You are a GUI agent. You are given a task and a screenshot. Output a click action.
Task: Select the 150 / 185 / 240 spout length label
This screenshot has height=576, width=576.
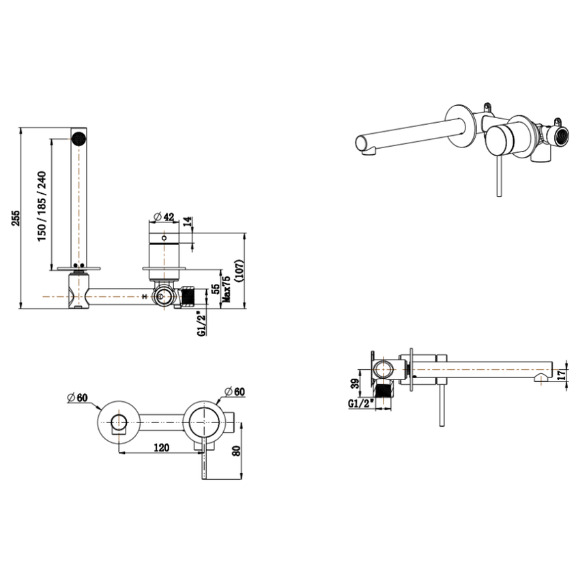pos(42,205)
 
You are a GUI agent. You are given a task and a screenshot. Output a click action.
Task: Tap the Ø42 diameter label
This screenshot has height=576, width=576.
pos(163,216)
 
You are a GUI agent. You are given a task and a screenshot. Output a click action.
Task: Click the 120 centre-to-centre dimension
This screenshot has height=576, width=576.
pos(160,448)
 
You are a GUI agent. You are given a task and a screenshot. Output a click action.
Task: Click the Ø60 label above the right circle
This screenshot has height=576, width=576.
pos(233,391)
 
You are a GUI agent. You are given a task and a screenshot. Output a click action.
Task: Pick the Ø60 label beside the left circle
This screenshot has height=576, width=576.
pos(79,398)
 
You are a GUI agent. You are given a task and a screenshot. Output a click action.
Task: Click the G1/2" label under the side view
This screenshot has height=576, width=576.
pos(360,403)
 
